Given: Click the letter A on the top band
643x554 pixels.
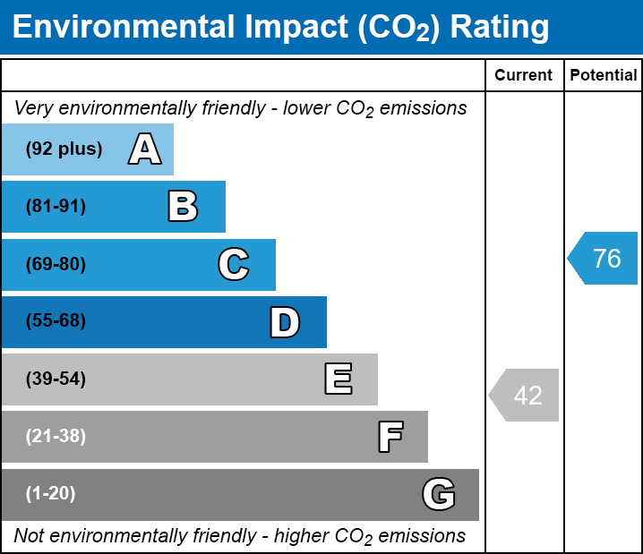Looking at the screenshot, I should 145,149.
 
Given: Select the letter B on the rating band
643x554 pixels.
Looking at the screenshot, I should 183,207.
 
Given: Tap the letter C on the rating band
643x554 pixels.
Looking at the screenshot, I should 234,264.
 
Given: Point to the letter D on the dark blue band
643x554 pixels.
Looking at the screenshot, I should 285,322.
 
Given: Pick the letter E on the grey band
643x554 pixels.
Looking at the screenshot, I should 338,379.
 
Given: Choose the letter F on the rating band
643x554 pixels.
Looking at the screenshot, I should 390,437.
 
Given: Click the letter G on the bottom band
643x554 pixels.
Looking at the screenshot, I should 439,494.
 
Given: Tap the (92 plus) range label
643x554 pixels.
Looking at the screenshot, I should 64,149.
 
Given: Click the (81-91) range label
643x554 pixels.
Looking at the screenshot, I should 56,207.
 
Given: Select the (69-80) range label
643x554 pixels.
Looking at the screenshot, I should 56,264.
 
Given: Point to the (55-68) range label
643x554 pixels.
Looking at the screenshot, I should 56,321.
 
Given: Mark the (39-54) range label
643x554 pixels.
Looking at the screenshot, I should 56,379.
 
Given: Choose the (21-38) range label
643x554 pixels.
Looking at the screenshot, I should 56,437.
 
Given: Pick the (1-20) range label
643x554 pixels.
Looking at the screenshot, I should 51,494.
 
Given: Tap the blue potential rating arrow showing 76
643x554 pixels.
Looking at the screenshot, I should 604,259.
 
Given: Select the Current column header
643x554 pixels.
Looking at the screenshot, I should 524,76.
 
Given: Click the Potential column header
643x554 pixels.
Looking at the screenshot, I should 604,76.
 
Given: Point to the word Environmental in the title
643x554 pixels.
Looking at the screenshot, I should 124,28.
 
